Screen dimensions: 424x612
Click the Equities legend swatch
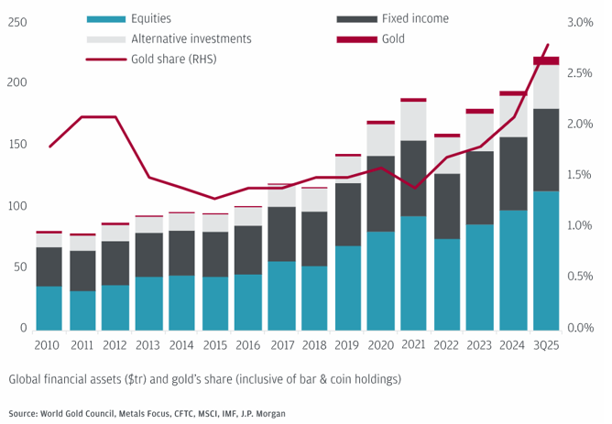coord(106,18)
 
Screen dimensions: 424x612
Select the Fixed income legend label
coord(415,18)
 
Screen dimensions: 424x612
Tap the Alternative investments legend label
coord(191,38)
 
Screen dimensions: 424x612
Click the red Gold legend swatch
coord(357,38)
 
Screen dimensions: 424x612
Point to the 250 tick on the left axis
coord(16,22)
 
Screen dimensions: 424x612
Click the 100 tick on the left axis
coord(16,206)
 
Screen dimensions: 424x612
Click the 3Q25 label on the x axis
coord(546,345)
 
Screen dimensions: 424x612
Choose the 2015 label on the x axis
coord(214,345)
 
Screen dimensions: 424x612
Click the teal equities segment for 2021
coord(413,272)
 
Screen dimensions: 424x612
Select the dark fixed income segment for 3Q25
coord(546,149)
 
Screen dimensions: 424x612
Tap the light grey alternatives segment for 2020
coord(380,139)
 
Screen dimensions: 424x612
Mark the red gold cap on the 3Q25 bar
coord(546,60)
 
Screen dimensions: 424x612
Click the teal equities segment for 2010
coord(49,307)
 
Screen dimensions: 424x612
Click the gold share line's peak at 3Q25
coord(548,45)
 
